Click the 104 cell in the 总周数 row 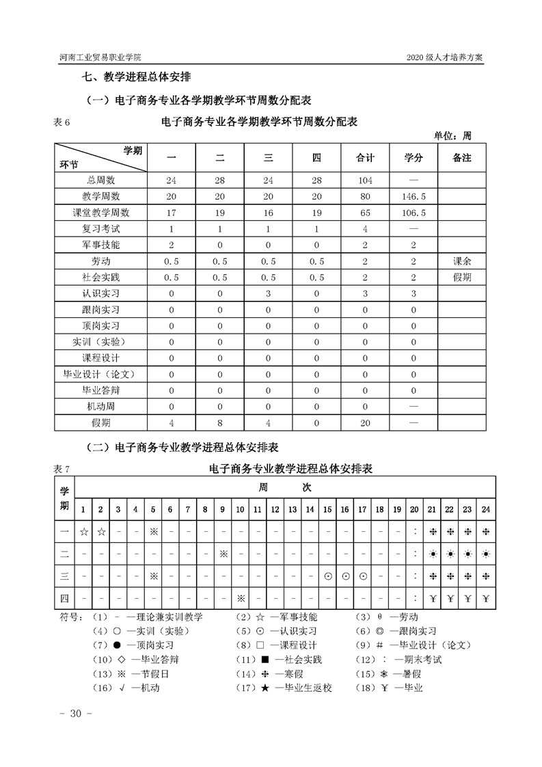click(365, 180)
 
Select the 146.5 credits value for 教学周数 click(413, 196)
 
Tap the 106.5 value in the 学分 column click(413, 213)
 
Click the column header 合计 click(365, 158)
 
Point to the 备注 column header click(462, 158)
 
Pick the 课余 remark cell click(462, 261)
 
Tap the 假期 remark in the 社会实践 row click(462, 277)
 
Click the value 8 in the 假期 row click(220, 422)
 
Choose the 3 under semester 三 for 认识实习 click(268, 293)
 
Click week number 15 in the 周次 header click(327, 509)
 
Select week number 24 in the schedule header click(486, 509)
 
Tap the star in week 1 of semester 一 click(83, 530)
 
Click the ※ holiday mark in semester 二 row click(223, 553)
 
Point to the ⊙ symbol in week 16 click(346, 576)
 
